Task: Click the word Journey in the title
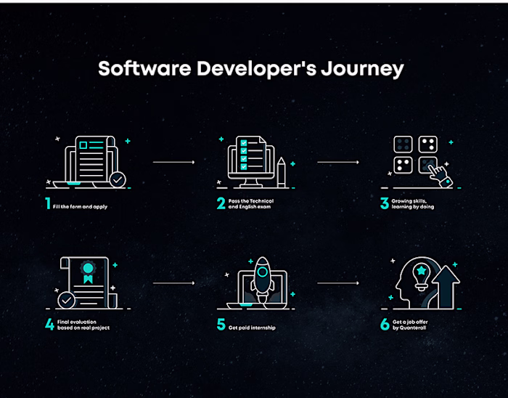point(362,69)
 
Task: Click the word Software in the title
point(144,68)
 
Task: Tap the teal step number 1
point(48,203)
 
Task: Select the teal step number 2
point(221,203)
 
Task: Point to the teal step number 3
point(385,203)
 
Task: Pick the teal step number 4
point(49,325)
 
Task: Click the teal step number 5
point(221,325)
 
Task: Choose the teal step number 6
point(385,325)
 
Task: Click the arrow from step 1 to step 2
point(173,162)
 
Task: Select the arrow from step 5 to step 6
point(338,283)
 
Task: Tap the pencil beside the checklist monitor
point(282,172)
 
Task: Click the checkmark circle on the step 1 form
point(118,179)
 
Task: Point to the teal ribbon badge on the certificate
point(88,272)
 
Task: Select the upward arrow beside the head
point(446,287)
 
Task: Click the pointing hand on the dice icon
point(441,176)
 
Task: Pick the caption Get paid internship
point(252,328)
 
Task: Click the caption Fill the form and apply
point(80,206)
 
